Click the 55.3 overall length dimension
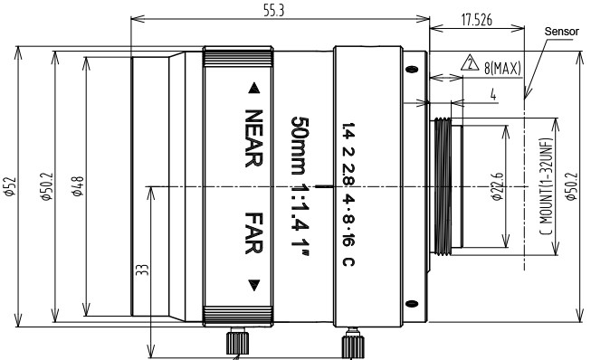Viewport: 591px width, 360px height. pos(273,11)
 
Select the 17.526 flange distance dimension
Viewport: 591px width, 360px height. pos(477,20)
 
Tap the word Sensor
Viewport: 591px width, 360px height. pos(562,32)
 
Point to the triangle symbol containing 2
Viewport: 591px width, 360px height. pos(470,63)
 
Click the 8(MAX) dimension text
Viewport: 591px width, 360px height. pos(502,68)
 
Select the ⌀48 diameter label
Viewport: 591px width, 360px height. pos(78,186)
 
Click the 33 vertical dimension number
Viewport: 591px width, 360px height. pos(142,270)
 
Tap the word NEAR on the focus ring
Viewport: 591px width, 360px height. pos(253,138)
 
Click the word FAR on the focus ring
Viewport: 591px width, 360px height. pos(253,232)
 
